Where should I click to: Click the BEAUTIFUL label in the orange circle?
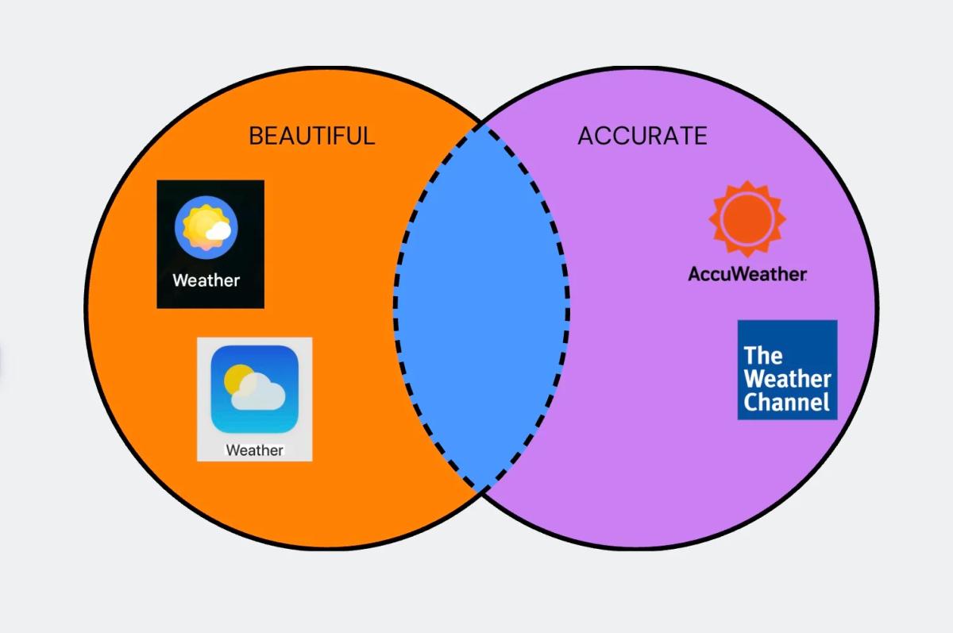click(x=311, y=136)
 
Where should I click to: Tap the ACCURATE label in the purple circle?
click(x=642, y=136)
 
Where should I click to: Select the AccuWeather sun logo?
click(x=747, y=220)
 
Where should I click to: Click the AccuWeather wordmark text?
click(x=747, y=275)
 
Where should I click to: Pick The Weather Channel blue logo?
click(x=787, y=369)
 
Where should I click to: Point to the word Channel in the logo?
click(x=786, y=402)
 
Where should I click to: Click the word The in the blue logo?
click(x=763, y=354)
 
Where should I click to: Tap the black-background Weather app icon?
click(x=210, y=244)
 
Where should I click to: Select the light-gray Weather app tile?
click(x=254, y=399)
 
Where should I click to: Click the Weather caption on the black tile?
click(x=206, y=280)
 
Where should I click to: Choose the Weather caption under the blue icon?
click(x=254, y=450)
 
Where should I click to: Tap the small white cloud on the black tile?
click(x=218, y=230)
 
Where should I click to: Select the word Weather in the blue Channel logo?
click(x=787, y=379)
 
